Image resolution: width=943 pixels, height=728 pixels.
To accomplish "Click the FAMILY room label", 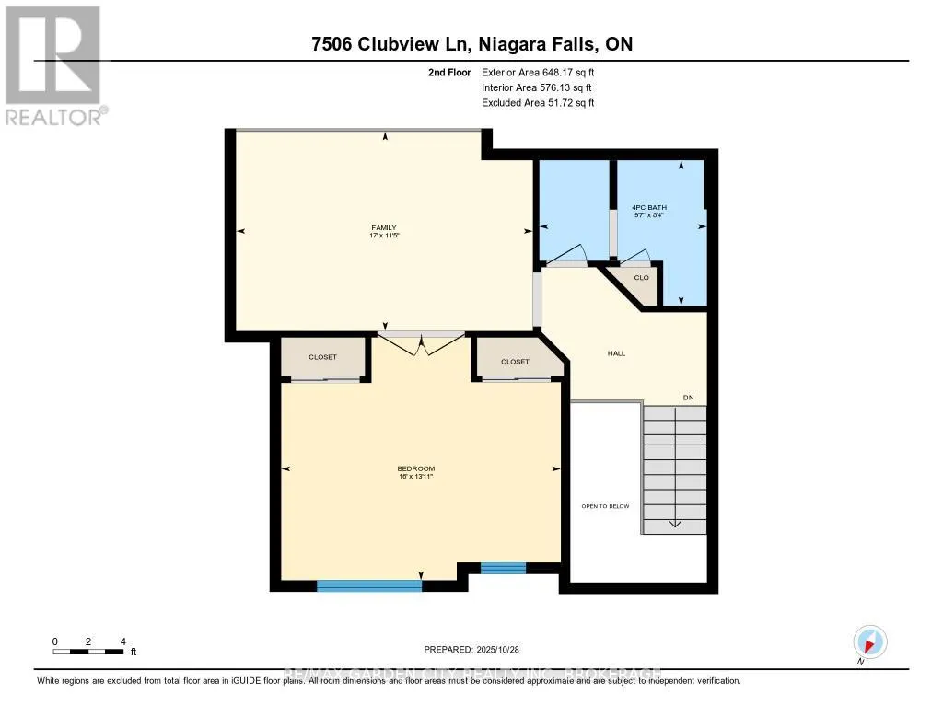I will click(x=385, y=227).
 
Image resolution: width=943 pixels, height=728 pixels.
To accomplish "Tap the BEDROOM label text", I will click(x=416, y=468).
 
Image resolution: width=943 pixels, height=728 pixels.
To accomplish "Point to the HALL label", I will click(x=617, y=352).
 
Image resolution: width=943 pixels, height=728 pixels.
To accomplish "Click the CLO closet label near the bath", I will click(x=642, y=277).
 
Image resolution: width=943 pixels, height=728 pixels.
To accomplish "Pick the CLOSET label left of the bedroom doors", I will click(x=322, y=356).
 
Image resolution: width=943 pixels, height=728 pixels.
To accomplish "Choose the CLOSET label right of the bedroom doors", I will click(x=515, y=362).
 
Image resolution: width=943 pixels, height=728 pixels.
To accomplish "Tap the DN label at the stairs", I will click(x=687, y=398).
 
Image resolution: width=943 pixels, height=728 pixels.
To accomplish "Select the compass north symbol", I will click(x=869, y=641).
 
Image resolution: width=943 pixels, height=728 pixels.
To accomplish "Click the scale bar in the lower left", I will click(x=88, y=652).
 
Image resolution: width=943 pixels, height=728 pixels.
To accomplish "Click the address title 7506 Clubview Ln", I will click(x=471, y=44).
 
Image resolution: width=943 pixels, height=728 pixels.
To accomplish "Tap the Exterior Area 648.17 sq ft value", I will click(x=544, y=72).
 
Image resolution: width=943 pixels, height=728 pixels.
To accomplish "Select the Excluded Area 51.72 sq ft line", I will click(x=538, y=103).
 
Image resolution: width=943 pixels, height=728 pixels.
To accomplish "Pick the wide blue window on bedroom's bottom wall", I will click(x=368, y=584).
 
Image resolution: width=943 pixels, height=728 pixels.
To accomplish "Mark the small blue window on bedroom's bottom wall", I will click(x=503, y=568).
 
